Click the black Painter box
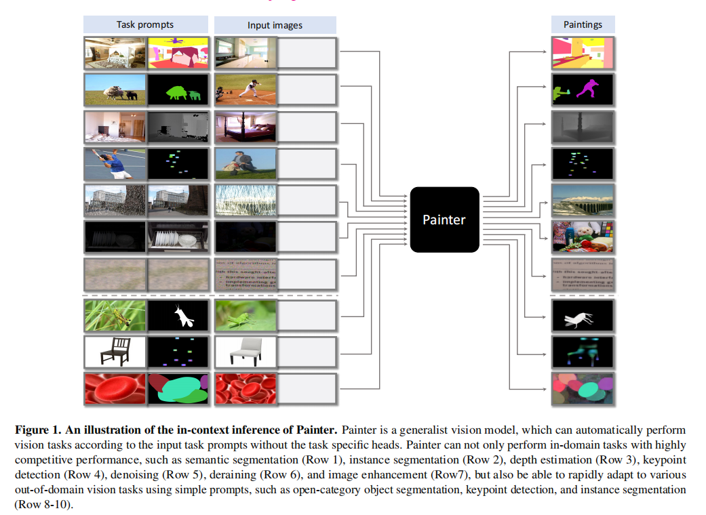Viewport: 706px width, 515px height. click(x=444, y=220)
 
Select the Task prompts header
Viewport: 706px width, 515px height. click(x=144, y=25)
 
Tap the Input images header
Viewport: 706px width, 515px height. click(x=275, y=26)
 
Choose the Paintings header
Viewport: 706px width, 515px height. click(x=583, y=25)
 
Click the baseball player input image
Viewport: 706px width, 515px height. click(x=246, y=89)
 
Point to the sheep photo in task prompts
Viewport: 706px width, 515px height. click(x=114, y=89)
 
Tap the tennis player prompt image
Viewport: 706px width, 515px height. click(x=114, y=163)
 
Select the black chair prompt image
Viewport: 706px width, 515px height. click(x=114, y=352)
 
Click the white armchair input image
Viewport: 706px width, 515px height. click(x=246, y=352)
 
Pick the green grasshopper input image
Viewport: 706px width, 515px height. click(x=246, y=316)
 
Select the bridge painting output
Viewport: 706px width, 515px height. click(x=583, y=199)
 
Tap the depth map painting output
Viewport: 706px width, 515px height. click(x=583, y=126)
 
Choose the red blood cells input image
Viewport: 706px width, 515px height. click(x=246, y=389)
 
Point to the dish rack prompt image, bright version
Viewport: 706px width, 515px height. click(x=178, y=236)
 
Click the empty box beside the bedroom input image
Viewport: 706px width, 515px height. click(x=307, y=126)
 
